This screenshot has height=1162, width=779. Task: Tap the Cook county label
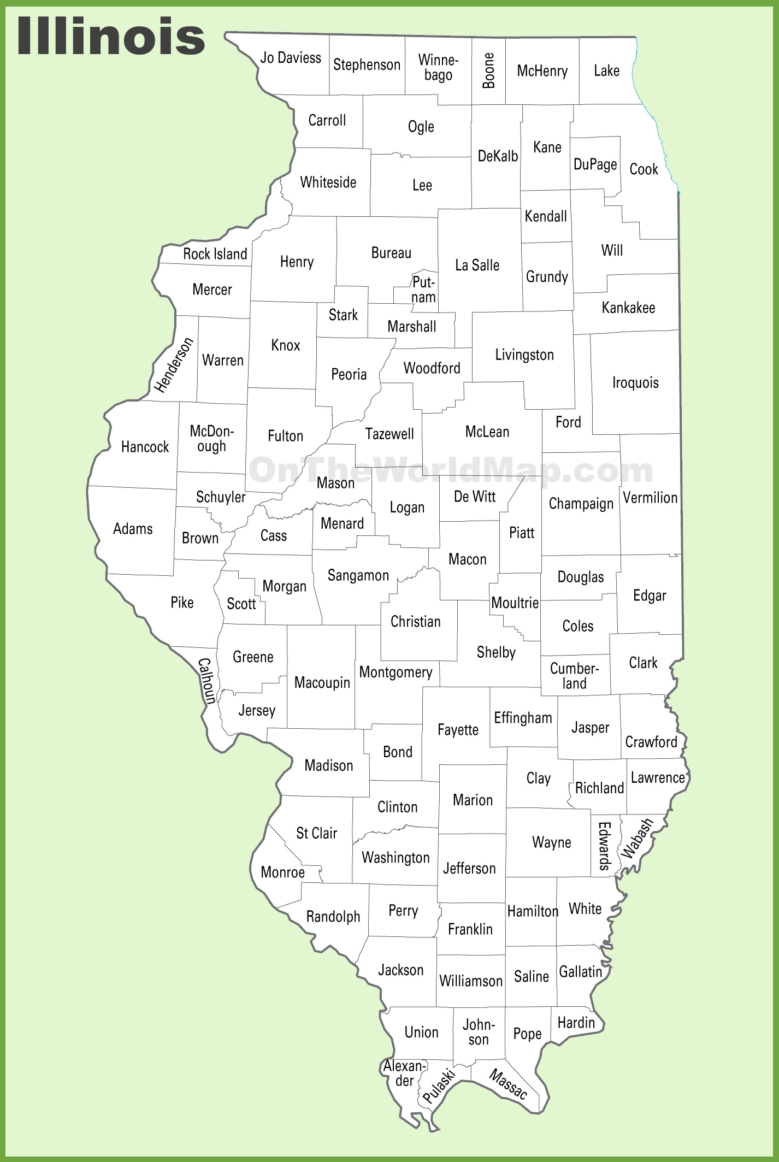644,169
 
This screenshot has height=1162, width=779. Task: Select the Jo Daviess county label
291,58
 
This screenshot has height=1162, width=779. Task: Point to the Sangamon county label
358,575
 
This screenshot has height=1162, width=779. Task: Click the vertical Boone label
489,70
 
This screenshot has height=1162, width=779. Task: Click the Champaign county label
581,503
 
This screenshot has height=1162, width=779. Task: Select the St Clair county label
317,833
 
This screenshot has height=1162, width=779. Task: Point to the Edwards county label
604,846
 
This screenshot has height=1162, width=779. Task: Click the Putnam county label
423,290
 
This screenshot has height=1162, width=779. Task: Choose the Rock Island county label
215,254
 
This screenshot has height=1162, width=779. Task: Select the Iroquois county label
635,382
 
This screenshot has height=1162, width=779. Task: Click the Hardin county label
576,1022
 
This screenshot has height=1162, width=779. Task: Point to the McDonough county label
211,439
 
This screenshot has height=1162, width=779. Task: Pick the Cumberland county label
574,676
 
